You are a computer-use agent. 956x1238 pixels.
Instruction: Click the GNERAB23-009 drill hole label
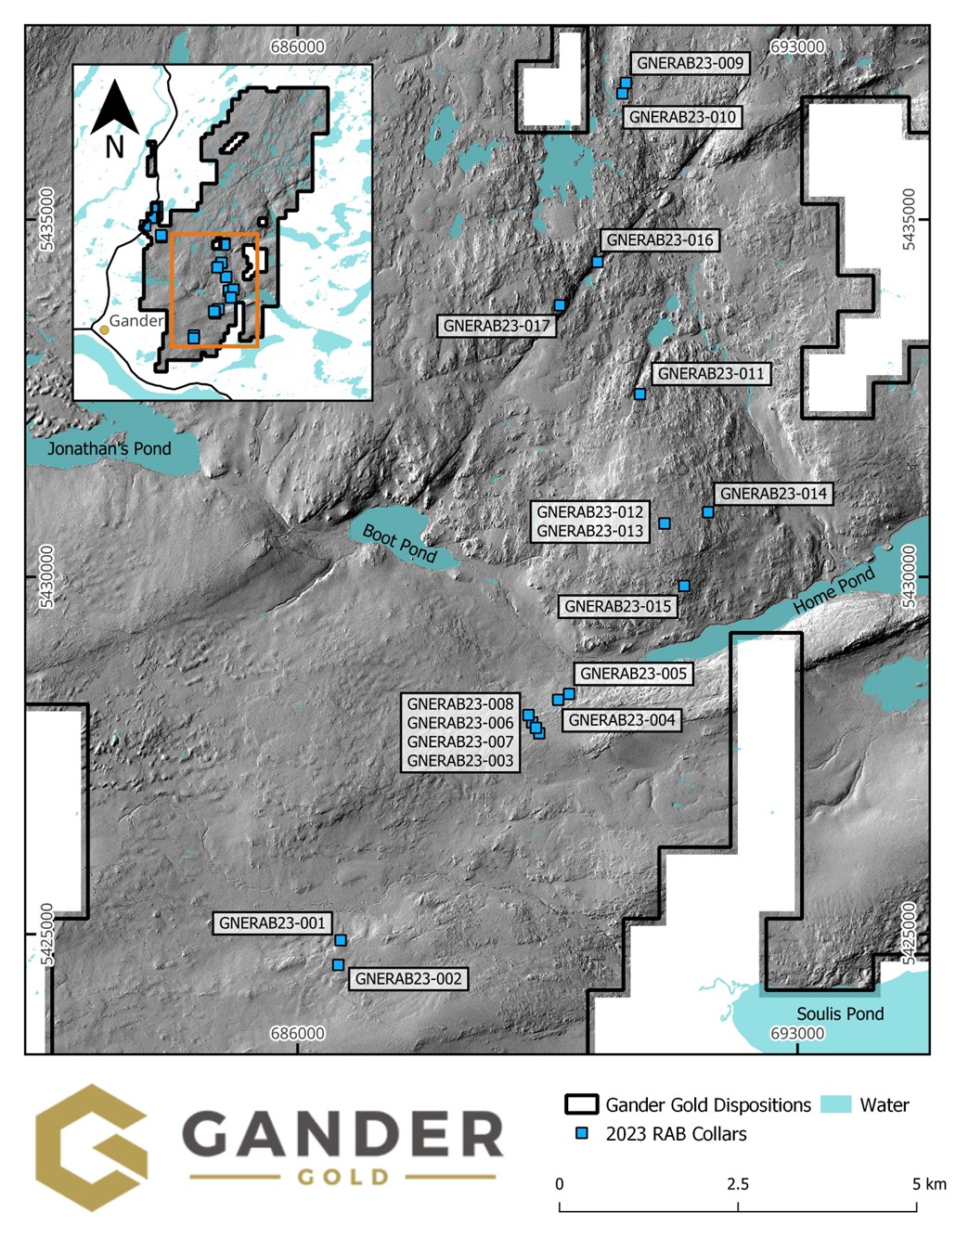coord(691,63)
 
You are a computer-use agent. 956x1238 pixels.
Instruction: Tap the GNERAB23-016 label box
coord(660,240)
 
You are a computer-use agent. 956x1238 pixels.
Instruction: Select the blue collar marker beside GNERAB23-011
coord(639,394)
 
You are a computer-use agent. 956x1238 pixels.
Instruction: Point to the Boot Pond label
coord(399,544)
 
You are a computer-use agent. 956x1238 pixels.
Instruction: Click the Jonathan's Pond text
coord(110,449)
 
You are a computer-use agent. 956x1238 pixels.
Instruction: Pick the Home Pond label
coord(834,590)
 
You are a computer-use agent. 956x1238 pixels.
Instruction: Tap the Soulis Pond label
coord(840,1014)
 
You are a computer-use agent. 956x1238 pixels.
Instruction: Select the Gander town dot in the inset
coord(104,329)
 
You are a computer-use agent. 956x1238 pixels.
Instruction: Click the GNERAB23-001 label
coord(272,923)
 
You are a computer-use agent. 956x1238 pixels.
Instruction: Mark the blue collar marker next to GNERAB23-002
coord(339,965)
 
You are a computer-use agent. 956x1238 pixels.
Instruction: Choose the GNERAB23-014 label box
coord(773,494)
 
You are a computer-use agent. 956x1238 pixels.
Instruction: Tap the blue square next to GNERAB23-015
coord(684,586)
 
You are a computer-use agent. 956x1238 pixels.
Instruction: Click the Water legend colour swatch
coord(836,1104)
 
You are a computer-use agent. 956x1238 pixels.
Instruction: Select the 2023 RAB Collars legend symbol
coord(582,1133)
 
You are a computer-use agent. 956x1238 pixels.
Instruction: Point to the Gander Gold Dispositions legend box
coord(581,1104)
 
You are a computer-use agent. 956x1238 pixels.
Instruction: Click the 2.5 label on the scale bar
coord(738,1184)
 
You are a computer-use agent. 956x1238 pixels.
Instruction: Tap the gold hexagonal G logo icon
coord(92,1147)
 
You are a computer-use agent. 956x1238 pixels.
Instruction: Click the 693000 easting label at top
coord(797,46)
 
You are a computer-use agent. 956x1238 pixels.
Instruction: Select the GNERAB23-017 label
coord(497,326)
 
